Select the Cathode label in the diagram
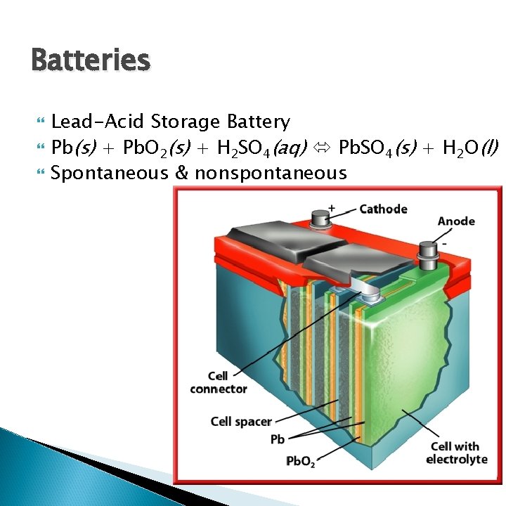(383, 209)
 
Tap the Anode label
(456, 221)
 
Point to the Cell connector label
(219, 382)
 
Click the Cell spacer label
(241, 422)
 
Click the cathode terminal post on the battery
(321, 218)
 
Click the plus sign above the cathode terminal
(332, 208)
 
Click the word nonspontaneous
(271, 173)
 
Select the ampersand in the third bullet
(181, 173)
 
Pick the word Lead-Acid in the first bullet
(98, 122)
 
